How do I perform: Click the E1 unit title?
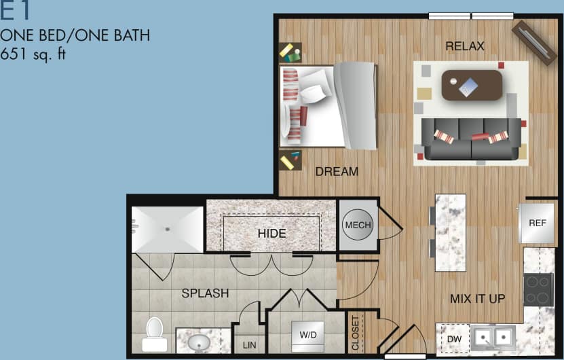pos(16,12)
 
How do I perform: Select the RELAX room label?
pos(465,46)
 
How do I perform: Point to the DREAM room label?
pos(337,172)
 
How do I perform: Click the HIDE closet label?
pos(271,234)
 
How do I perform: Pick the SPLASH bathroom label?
pos(205,294)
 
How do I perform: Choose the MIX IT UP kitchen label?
pos(478,298)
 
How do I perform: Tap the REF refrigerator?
pos(537,223)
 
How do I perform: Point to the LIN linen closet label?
pos(250,345)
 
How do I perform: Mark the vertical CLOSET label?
pos(355,332)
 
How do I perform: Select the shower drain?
pos(168,229)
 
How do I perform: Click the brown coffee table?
pos(472,85)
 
